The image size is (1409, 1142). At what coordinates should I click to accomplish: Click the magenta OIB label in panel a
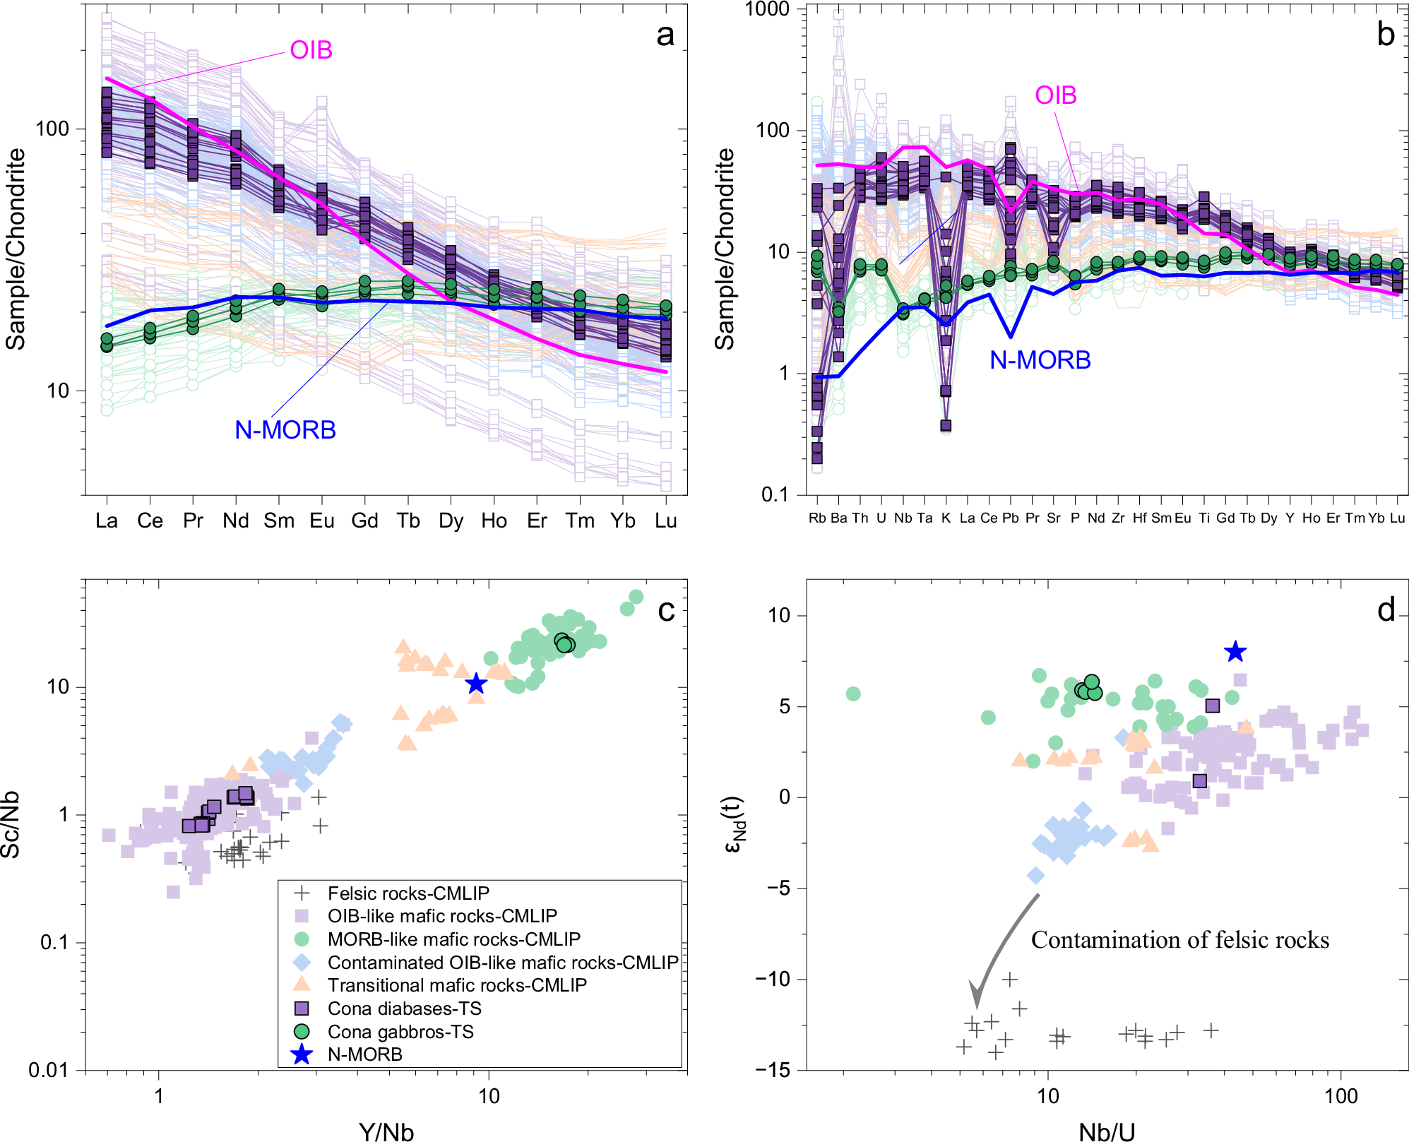[x=311, y=51]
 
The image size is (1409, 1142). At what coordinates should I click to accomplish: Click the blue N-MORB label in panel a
[x=285, y=430]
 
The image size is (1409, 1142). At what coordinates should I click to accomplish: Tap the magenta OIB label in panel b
[x=1055, y=95]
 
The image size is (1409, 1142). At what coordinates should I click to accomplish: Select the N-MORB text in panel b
[x=1040, y=360]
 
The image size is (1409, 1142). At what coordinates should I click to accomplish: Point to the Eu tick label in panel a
[x=322, y=521]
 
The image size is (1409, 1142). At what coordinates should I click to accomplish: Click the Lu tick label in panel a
[x=665, y=521]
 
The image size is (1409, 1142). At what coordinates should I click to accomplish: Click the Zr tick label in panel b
[x=1117, y=518]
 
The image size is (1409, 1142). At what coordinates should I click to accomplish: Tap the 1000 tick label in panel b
[x=767, y=10]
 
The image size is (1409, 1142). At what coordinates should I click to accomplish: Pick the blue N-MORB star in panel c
[x=476, y=684]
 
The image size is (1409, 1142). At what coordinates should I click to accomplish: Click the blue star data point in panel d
[x=1235, y=652]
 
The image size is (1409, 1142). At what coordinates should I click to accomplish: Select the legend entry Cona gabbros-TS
[x=400, y=1032]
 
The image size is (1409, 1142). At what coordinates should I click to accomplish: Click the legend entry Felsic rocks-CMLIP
[x=408, y=893]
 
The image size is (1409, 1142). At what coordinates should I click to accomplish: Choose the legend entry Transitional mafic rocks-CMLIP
[x=457, y=985]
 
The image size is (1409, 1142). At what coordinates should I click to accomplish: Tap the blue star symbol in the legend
[x=302, y=1054]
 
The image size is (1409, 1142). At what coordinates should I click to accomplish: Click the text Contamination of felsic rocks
[x=1179, y=940]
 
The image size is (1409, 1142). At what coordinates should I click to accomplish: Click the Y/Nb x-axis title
[x=386, y=1131]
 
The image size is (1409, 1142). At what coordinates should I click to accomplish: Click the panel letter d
[x=1386, y=610]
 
